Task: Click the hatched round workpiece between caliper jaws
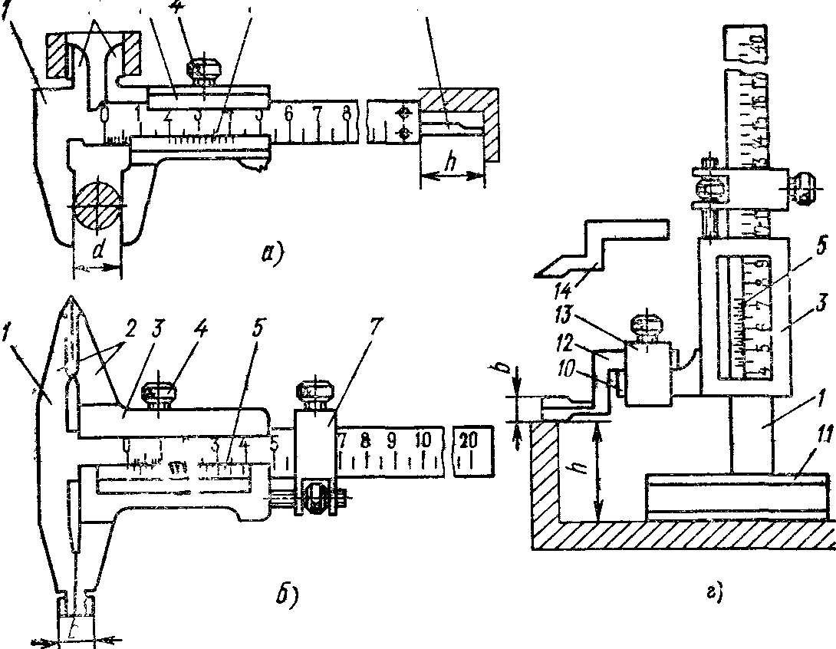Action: pyautogui.click(x=97, y=205)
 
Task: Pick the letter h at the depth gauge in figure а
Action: pyautogui.click(x=452, y=164)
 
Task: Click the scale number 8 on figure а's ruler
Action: pyautogui.click(x=347, y=114)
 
